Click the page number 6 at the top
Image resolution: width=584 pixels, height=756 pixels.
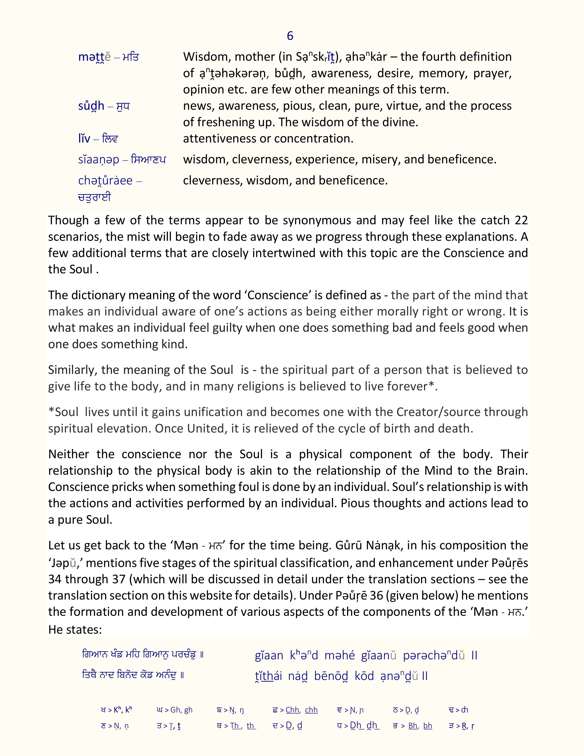(290, 36)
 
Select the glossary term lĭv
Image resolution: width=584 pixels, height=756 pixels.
(84, 139)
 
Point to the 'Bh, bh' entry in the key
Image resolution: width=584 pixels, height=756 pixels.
(420, 726)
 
